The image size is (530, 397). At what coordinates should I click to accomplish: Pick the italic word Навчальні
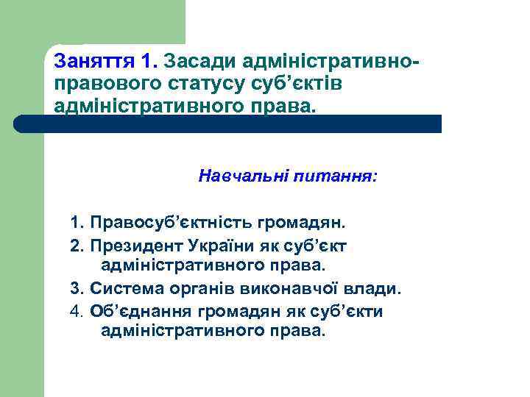pos(243,176)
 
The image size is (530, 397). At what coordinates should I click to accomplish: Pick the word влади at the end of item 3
pos(362,288)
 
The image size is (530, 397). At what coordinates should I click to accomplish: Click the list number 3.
pos(74,288)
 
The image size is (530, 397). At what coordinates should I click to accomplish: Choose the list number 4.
pos(74,311)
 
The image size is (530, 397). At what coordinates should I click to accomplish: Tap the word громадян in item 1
pos(301,222)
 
